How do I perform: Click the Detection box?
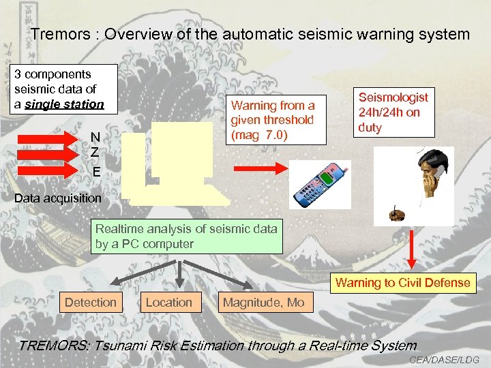click(x=91, y=302)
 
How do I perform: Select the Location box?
click(x=169, y=302)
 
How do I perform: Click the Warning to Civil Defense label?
click(x=403, y=283)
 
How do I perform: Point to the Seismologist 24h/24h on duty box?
click(x=393, y=113)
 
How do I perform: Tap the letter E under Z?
click(x=97, y=172)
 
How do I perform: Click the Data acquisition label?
click(x=58, y=199)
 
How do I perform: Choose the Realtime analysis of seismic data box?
click(x=187, y=236)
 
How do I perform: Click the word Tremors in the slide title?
click(x=56, y=34)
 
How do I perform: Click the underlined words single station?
click(x=70, y=104)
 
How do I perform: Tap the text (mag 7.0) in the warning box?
click(x=260, y=134)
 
